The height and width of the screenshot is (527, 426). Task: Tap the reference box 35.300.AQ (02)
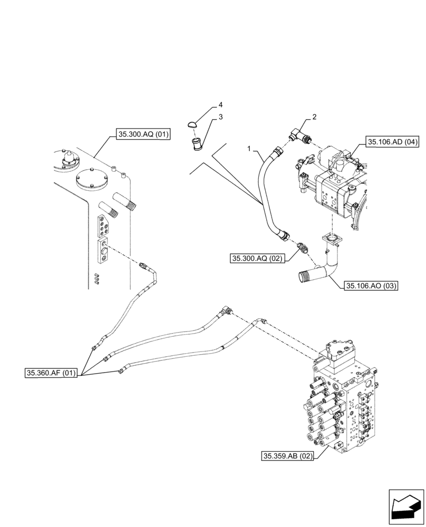[x=256, y=258]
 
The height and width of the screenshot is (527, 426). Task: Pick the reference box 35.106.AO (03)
[x=371, y=286]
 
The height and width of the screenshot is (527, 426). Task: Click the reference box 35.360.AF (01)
[x=52, y=374]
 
